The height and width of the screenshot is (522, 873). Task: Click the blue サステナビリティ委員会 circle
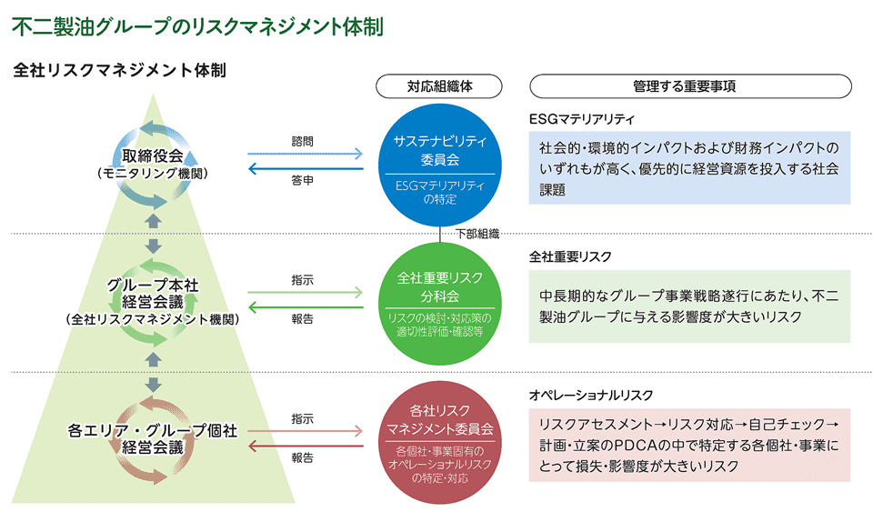point(440,165)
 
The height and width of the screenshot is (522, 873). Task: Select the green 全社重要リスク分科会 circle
point(440,304)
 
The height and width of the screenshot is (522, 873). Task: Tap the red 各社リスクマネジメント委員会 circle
point(440,442)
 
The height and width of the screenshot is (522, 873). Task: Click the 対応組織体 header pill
point(439,86)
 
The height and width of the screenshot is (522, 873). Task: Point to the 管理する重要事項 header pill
point(690,86)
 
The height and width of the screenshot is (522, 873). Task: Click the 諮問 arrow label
point(302,141)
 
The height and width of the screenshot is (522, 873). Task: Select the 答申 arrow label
point(302,180)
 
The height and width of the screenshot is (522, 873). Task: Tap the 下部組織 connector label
point(477,234)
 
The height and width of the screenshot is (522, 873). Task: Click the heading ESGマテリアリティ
point(582,118)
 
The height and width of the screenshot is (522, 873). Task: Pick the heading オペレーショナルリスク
point(591,395)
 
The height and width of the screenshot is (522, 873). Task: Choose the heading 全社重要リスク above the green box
point(570,256)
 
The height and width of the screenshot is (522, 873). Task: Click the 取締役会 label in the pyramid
point(153,156)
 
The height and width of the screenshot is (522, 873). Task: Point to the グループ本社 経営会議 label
point(153,293)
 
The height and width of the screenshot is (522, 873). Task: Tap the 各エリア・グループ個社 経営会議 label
point(153,438)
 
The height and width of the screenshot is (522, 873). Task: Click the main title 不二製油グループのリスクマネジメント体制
point(197,26)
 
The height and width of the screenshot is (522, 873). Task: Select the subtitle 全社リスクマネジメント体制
point(120,70)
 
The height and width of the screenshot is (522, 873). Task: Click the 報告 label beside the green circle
point(302,319)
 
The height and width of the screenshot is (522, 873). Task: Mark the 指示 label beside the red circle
point(302,418)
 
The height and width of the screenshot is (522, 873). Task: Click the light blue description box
point(690,167)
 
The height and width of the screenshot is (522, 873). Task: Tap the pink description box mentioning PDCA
point(690,446)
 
